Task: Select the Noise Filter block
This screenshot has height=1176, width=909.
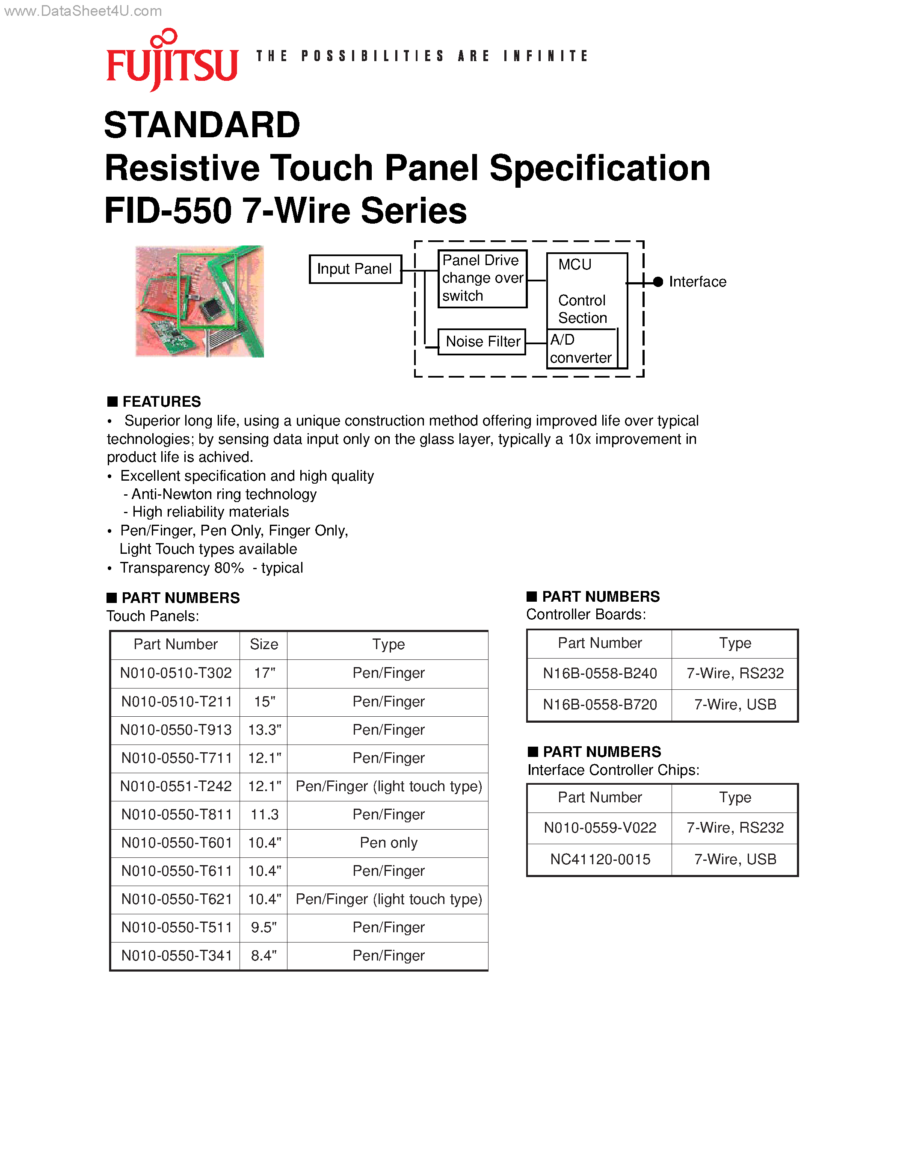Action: [482, 341]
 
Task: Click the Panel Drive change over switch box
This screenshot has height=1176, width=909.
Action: [482, 278]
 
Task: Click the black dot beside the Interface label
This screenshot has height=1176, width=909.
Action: [657, 282]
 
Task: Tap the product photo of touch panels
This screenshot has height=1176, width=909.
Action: [199, 301]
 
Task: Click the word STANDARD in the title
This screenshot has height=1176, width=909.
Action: [202, 125]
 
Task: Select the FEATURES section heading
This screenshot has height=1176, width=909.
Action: [161, 402]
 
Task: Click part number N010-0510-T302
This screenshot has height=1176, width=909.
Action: [175, 673]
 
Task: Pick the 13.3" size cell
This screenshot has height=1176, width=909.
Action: [264, 730]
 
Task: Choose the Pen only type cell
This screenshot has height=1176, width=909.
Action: [388, 843]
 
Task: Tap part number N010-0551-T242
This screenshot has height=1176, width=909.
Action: [175, 786]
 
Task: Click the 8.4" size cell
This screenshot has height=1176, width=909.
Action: [264, 956]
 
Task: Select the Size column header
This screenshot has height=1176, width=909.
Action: [264, 644]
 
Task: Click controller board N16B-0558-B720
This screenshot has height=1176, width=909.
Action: [600, 705]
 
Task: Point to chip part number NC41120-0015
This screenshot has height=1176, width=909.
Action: [600, 860]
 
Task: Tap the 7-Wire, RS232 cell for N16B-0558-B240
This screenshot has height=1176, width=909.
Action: [735, 674]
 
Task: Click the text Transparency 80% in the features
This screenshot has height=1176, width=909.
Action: [182, 568]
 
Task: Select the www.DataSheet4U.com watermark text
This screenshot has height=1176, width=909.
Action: [83, 11]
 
